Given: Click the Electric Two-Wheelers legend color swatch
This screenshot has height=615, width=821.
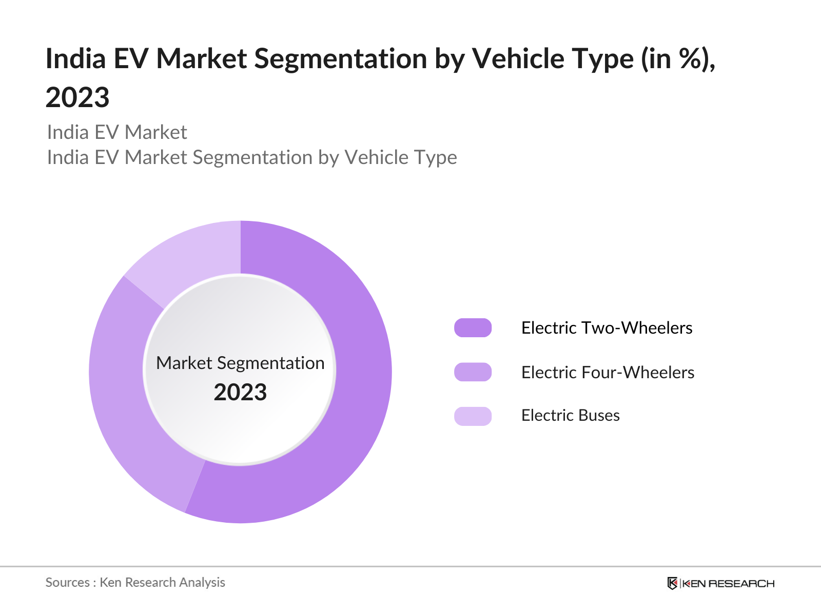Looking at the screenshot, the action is [x=473, y=328].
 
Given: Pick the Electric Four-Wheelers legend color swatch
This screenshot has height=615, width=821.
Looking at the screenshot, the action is [x=473, y=372].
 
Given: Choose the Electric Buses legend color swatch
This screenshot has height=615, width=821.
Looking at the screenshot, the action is [x=473, y=416].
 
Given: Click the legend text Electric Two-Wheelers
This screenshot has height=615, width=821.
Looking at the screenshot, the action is [x=607, y=328].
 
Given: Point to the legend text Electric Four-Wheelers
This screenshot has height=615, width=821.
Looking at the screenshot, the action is [x=608, y=372].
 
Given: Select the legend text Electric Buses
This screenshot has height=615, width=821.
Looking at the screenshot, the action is [x=571, y=415].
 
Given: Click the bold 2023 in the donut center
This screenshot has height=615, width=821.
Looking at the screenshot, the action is [x=240, y=392].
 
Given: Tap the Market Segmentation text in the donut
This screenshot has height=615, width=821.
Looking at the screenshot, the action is [x=240, y=363].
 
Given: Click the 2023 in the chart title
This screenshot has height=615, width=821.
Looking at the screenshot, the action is [x=77, y=97].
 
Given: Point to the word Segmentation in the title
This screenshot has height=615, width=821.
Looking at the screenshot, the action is [x=340, y=59].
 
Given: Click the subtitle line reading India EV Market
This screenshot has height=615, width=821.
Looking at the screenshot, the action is [x=116, y=132].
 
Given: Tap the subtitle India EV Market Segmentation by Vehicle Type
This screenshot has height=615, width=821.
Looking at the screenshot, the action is [x=252, y=157].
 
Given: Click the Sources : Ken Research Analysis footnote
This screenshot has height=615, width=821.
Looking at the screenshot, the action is [x=135, y=583].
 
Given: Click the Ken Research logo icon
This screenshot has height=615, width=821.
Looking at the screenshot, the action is [x=672, y=583].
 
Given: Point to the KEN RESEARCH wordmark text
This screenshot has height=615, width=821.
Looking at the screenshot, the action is [x=728, y=584].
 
